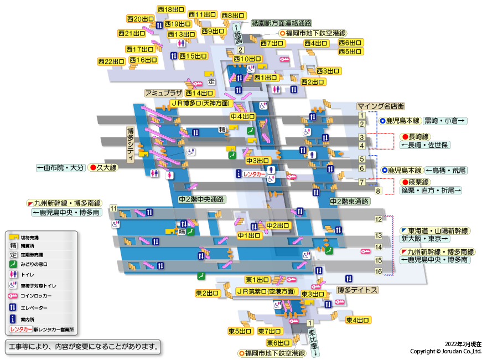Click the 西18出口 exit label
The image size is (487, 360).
pyautogui.click(x=171, y=9)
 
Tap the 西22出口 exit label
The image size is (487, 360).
pyautogui.click(x=111, y=61)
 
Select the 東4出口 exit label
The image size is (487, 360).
pyautogui.click(x=359, y=320)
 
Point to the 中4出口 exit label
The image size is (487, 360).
pyautogui.click(x=242, y=117)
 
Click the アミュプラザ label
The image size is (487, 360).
pyautogui.click(x=163, y=93)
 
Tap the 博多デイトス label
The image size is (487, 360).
pyautogui.click(x=358, y=290)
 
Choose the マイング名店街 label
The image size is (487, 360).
pyautogui.click(x=380, y=106)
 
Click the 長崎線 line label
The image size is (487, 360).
pyautogui.click(x=419, y=136)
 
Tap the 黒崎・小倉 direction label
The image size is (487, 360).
pyautogui.click(x=445, y=120)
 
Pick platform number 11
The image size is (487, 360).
pyautogui.click(x=113, y=208)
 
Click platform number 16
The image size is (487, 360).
pyautogui.click(x=379, y=271)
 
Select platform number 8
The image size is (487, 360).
pyautogui.click(x=379, y=191)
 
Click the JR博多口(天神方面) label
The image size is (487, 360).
pyautogui.click(x=200, y=103)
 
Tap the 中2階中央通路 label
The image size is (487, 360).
pyautogui.click(x=200, y=199)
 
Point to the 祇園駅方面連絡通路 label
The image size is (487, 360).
pyautogui.click(x=281, y=23)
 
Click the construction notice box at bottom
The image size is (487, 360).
pyautogui.click(x=82, y=347)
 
